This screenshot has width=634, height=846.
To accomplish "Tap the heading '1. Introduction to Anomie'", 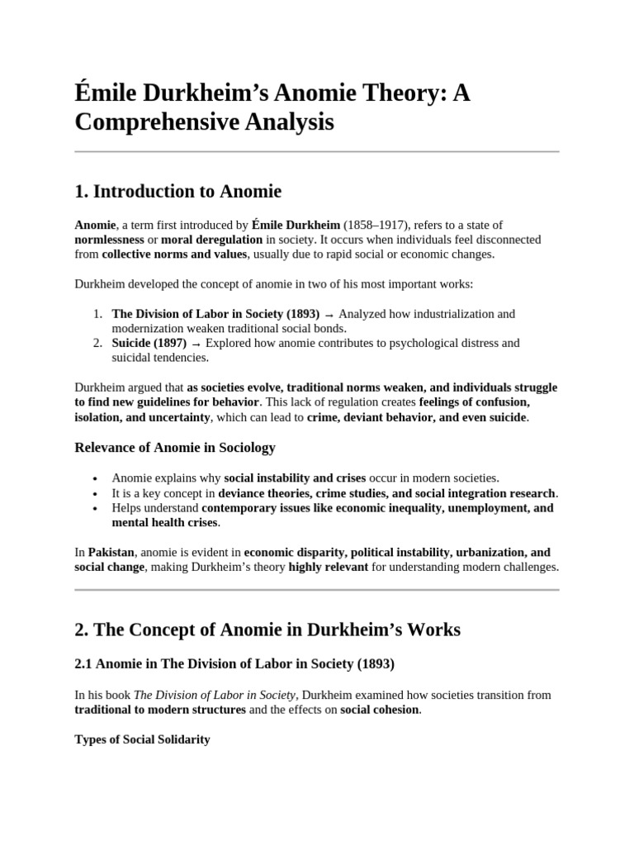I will (177, 192).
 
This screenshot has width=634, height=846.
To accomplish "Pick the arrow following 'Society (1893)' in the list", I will (329, 314).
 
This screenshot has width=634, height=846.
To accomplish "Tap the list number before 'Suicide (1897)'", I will (97, 343).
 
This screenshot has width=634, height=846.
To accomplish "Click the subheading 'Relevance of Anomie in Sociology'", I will (175, 448).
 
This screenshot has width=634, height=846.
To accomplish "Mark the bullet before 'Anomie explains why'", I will (97, 478).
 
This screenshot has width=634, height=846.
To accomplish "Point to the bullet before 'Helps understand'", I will (97, 508).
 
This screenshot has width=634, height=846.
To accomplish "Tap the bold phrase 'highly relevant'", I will (328, 567).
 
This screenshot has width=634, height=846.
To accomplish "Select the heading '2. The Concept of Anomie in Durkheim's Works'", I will (267, 630).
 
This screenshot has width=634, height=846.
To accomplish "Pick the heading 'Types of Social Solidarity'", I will (142, 739).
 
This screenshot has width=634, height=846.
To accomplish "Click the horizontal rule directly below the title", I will (317, 152).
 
